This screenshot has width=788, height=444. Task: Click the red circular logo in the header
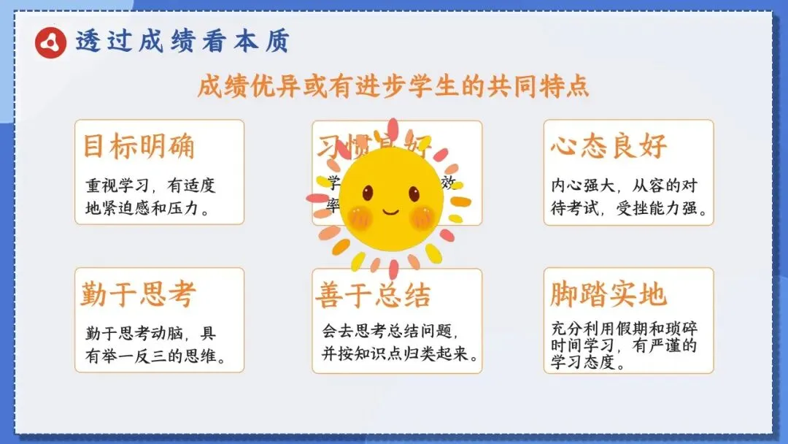[x=51, y=42]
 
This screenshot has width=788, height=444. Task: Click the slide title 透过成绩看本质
[x=182, y=41]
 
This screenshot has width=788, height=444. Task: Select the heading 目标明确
[x=139, y=146]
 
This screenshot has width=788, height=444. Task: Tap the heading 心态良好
[x=609, y=146]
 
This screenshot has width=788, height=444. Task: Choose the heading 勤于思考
[x=139, y=294]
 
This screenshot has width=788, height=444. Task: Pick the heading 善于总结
[x=373, y=295]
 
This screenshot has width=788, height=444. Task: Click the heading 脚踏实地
[x=609, y=294]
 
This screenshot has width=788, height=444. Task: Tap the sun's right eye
[x=414, y=194]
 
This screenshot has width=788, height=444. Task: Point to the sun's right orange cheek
[x=422, y=216]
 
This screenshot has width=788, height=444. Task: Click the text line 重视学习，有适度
[x=150, y=185]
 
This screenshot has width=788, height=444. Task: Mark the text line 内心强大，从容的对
[x=623, y=185]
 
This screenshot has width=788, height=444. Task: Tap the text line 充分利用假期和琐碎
[x=624, y=329]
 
